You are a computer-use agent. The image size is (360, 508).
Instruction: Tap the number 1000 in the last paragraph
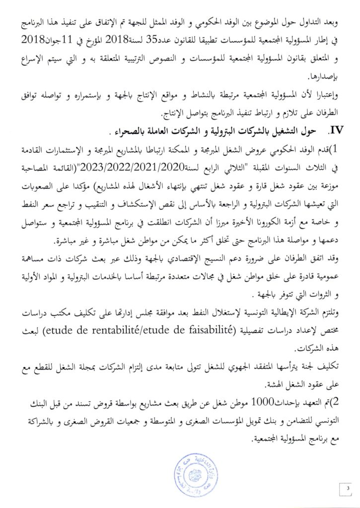click(261, 402)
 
